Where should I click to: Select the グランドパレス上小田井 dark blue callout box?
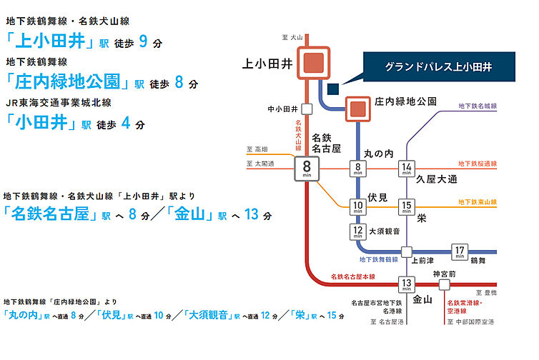tap(440, 66)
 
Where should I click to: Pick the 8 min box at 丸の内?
tap(357, 170)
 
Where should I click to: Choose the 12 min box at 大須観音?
tap(357, 231)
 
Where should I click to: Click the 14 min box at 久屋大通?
tap(406, 170)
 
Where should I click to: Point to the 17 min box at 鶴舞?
tap(460, 251)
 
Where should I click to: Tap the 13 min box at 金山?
tap(406, 284)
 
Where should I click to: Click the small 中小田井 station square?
tap(307, 109)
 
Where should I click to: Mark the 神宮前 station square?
tap(444, 284)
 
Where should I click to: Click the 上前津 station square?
tap(406, 251)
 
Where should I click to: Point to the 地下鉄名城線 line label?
tap(478, 106)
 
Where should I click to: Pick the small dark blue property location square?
tap(332, 89)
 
